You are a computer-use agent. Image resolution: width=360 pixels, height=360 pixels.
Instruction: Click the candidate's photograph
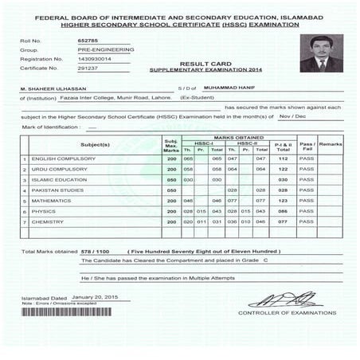pyautogui.click(x=319, y=54)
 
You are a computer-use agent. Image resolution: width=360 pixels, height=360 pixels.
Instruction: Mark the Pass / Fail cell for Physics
pyautogui.click(x=306, y=211)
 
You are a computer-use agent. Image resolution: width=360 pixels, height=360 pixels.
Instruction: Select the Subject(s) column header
pyautogui.click(x=95, y=144)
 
